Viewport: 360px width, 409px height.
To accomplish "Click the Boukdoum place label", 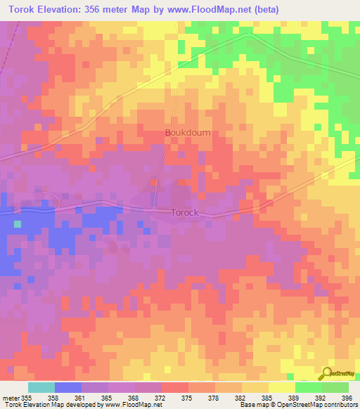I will point(187,132).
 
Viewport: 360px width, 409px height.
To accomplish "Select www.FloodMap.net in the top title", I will point(211,10).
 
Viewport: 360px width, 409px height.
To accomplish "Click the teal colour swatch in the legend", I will point(41,387).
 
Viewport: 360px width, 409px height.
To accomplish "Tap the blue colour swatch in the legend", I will point(67,387).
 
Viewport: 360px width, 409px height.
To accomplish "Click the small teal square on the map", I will point(17,224).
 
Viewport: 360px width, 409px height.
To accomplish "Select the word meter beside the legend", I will point(11,398).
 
